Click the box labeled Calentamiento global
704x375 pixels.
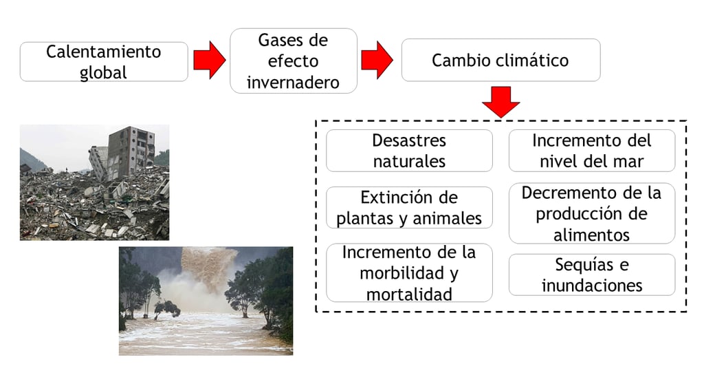(x=104, y=61)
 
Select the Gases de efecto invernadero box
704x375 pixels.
(x=294, y=61)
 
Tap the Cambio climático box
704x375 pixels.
(x=500, y=60)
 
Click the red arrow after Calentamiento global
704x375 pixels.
(x=208, y=61)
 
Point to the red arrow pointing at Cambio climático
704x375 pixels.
(x=377, y=61)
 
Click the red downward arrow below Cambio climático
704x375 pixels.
(x=500, y=102)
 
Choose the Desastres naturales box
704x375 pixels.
(x=409, y=151)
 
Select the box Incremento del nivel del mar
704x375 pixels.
(x=591, y=151)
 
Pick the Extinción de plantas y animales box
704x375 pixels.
(x=409, y=208)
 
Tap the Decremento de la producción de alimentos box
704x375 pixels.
(x=591, y=213)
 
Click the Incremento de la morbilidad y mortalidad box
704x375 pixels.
(x=409, y=272)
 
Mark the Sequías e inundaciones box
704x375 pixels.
(x=591, y=275)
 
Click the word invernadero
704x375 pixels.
(x=294, y=83)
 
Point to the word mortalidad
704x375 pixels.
(x=409, y=294)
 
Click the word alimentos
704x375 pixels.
(x=591, y=235)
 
